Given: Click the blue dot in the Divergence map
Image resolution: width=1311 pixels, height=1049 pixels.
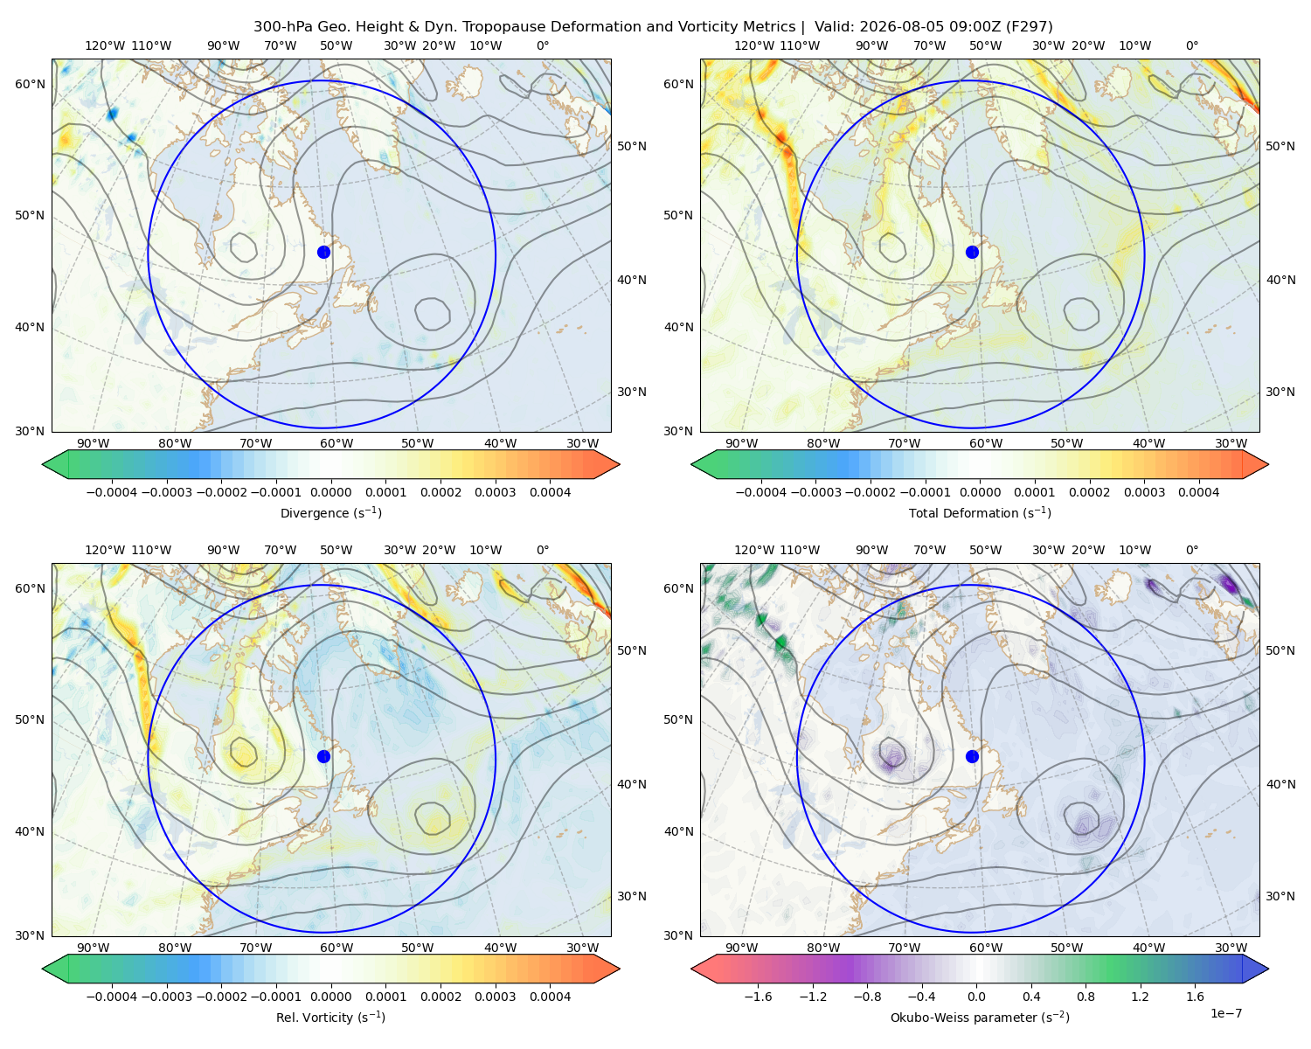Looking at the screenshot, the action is pos(323,252).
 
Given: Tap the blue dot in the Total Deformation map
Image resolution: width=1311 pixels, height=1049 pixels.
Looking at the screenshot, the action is pos(972,252).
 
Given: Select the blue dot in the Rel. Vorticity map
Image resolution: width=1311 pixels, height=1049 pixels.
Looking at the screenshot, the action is pos(323,756).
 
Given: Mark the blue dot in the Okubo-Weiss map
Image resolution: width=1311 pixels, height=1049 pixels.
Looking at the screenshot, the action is pos(972,756).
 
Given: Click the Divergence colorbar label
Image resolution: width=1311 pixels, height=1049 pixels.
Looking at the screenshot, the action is pos(330,512).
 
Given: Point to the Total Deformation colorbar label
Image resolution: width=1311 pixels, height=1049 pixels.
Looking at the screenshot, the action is pos(980,512).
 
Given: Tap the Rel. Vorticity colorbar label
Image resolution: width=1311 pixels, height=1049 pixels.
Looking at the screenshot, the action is pos(330,1017).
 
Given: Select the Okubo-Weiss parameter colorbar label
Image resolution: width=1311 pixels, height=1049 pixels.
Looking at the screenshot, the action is pos(980,1017).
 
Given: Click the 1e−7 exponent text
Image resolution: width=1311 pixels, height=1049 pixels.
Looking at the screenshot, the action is pos(1225,1013).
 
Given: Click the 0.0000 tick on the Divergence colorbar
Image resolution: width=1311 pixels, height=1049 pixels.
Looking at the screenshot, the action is pos(330,492).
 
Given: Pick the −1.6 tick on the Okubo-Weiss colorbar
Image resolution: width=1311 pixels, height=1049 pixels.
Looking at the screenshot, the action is pos(758,997).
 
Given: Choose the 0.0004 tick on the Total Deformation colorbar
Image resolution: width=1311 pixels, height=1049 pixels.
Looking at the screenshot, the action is pos(1198,492).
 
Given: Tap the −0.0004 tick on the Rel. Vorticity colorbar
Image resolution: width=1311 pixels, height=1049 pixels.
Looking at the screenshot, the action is pos(112,997).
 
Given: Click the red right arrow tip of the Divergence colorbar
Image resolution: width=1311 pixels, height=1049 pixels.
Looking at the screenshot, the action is pos(619,464).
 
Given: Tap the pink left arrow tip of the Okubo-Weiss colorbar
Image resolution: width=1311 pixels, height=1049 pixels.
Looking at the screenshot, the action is pos(692,969).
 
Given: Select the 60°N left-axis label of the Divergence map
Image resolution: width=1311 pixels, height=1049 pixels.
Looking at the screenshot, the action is pos(30,84).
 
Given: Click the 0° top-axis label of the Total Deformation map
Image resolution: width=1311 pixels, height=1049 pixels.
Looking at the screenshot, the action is pos(1191,45).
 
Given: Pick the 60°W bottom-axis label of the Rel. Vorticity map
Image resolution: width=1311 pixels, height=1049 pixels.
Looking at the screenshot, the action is pos(336,948).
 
